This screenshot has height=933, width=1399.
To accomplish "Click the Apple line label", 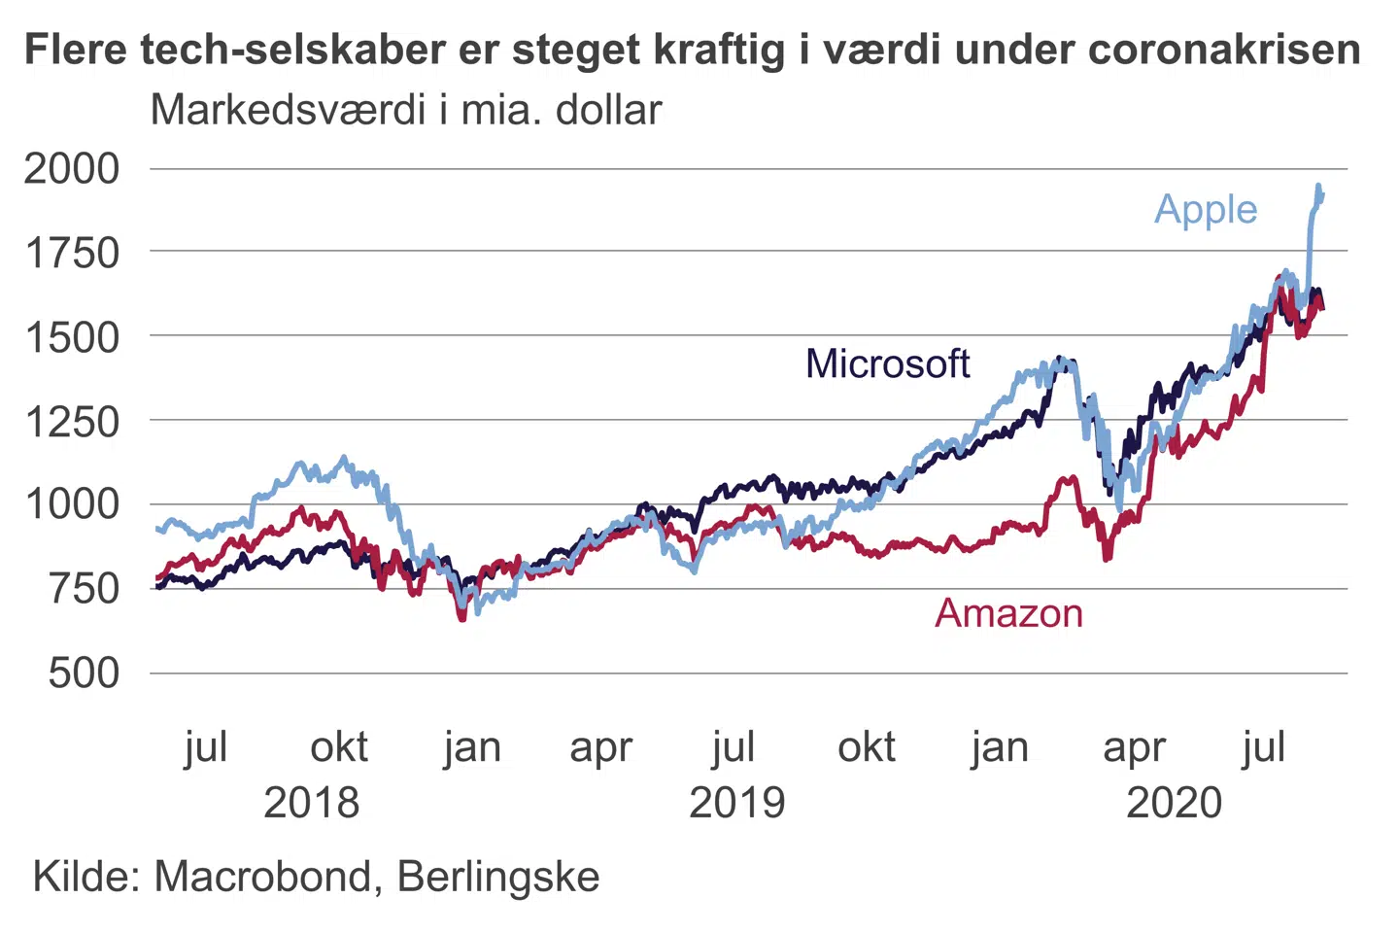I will (x=1206, y=210).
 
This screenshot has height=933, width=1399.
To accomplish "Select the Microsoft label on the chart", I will (x=887, y=364).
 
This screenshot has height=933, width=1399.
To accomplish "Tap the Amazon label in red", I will (x=1008, y=614).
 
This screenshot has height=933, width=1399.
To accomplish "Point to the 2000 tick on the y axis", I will (x=72, y=169).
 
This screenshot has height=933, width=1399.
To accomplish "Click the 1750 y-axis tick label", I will (x=72, y=254).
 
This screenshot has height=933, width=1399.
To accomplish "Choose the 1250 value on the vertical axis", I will (x=72, y=422).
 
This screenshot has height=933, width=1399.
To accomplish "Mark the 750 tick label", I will (x=85, y=589).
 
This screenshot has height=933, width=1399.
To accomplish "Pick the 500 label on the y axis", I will (x=85, y=673).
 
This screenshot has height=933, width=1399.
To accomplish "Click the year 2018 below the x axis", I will (x=311, y=804).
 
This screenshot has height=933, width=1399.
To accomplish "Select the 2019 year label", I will (x=736, y=804).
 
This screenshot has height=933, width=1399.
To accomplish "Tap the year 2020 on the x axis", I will (x=1174, y=804).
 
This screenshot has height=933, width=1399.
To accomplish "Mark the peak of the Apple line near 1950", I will (x=1317, y=186).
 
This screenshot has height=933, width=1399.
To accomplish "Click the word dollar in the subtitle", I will (x=608, y=111).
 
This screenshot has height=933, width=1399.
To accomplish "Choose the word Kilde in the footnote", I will (x=85, y=877).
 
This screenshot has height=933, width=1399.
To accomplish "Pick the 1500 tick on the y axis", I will (x=72, y=337).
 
